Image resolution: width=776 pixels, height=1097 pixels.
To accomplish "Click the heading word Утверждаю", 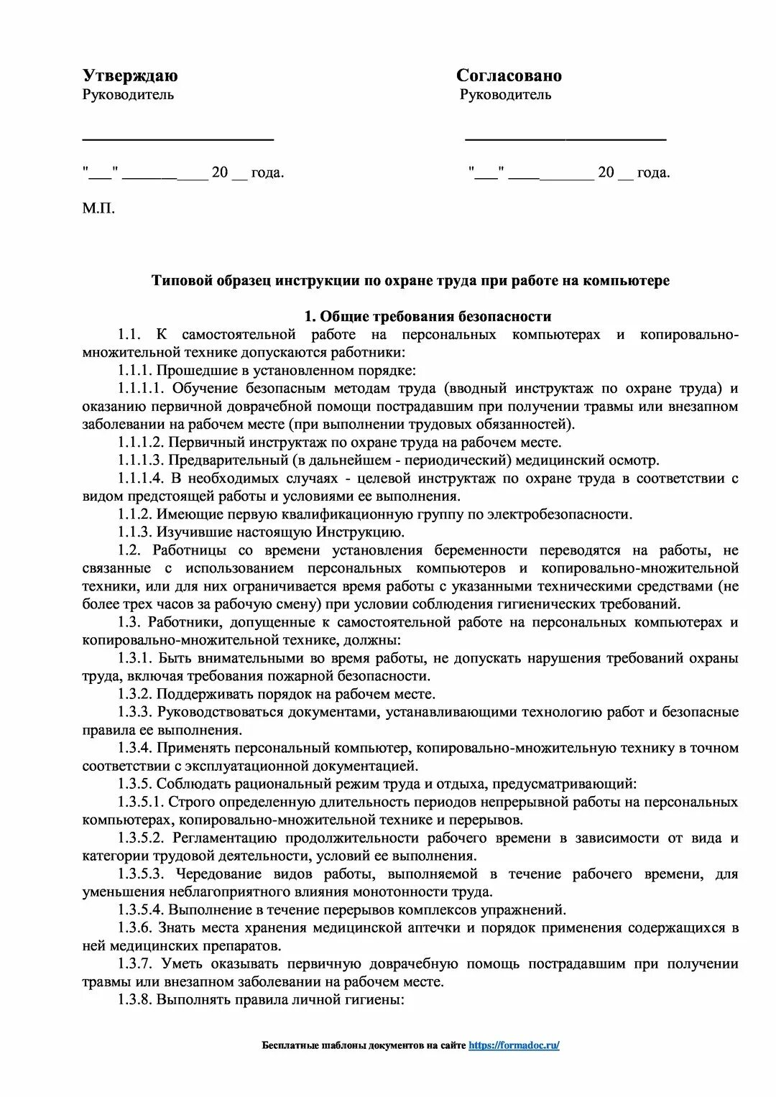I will [x=130, y=75].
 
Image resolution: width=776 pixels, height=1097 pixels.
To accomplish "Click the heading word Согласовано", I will [x=509, y=75].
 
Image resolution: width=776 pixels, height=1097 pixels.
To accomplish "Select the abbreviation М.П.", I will [x=98, y=208].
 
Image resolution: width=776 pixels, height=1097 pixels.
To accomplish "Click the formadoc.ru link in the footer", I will [x=514, y=1045].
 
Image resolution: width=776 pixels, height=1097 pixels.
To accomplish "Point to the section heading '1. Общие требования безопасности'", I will [x=428, y=316].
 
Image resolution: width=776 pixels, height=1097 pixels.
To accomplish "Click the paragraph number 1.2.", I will [x=129, y=550].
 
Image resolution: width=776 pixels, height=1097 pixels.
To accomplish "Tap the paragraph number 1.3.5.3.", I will [x=142, y=874].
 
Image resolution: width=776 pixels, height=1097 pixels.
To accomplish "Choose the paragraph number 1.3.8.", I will [x=135, y=999].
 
